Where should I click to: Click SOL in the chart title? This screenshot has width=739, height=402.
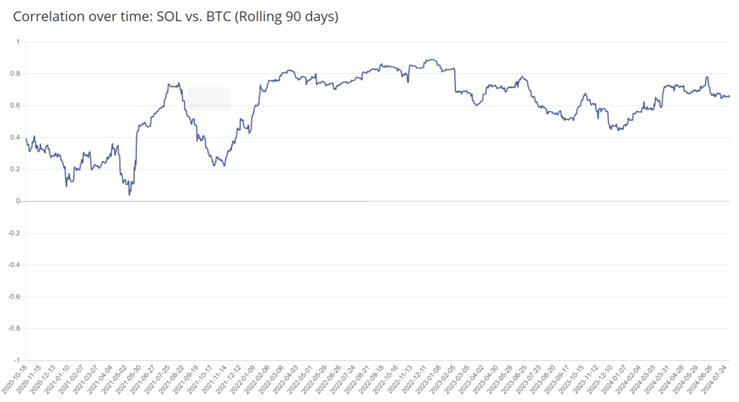click(170, 17)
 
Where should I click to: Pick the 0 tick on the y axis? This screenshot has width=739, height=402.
click(18, 201)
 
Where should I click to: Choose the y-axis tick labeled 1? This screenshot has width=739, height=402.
click(18, 42)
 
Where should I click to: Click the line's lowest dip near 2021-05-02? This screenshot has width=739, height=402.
click(129, 194)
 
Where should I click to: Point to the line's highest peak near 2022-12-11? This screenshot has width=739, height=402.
click(432, 60)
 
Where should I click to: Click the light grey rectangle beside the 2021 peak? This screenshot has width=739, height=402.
click(209, 99)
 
